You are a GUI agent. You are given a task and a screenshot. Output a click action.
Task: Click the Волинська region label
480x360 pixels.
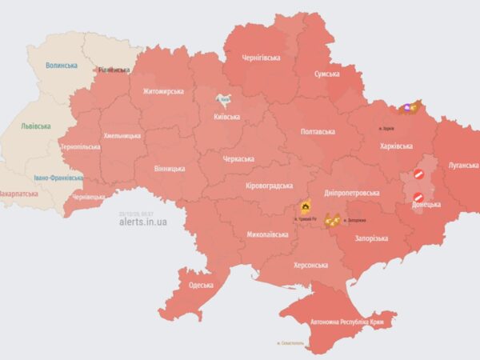[x=62, y=66]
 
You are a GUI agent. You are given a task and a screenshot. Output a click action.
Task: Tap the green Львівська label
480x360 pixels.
[x=36, y=126]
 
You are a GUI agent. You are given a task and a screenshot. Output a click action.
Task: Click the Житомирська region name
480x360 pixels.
[x=163, y=91]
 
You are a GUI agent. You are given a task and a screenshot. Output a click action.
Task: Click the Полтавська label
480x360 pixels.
[x=317, y=131]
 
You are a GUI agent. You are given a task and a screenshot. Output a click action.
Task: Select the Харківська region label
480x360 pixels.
[x=395, y=146]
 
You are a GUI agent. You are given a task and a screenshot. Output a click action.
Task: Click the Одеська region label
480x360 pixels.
[x=201, y=285]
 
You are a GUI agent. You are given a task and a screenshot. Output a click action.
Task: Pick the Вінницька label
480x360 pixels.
[x=170, y=169]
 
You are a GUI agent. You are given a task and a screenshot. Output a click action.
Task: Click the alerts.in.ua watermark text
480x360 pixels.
[x=143, y=222]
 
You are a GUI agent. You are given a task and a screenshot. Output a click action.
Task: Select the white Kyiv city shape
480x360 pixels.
[x=225, y=101]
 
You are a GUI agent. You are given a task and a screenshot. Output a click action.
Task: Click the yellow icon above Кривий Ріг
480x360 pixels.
[x=305, y=206]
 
